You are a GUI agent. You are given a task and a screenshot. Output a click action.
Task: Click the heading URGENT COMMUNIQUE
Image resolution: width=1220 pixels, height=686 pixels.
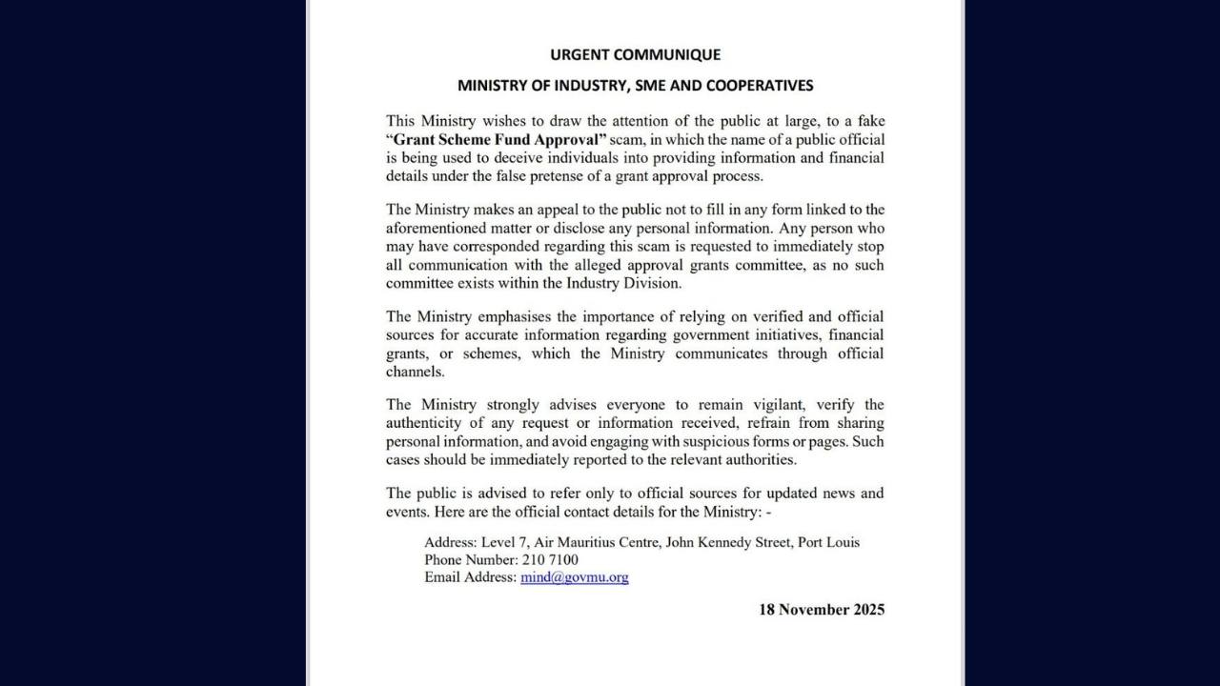point(635,54)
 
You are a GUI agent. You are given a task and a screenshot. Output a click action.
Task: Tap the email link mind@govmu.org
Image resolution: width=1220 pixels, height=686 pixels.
point(574,577)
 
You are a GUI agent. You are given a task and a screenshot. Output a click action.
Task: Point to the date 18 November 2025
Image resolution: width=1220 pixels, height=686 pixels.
point(821,610)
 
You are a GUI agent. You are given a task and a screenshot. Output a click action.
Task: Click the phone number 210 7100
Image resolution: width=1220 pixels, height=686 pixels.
point(550,560)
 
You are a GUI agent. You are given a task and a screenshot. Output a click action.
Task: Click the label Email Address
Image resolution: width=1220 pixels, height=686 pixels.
point(470,577)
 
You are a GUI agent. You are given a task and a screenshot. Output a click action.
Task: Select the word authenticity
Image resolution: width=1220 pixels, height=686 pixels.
point(431,423)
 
